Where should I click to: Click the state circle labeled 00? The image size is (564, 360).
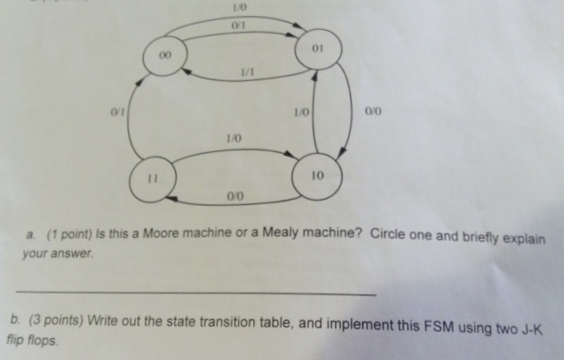(x=165, y=57)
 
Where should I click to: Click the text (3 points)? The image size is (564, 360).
(x=77, y=320)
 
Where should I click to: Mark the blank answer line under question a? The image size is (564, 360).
(x=195, y=292)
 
